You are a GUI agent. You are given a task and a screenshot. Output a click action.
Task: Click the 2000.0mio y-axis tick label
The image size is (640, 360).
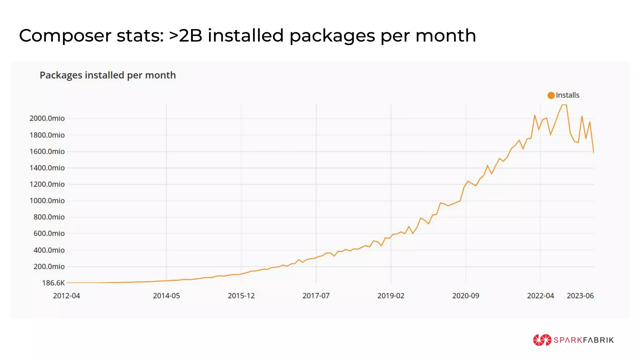pyautogui.click(x=47, y=118)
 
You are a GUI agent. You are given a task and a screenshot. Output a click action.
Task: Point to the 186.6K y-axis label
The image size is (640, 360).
pyautogui.click(x=53, y=283)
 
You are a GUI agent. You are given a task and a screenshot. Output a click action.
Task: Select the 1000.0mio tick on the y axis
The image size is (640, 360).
pyautogui.click(x=47, y=201)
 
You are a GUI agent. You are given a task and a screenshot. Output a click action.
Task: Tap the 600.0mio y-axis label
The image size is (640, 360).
pyautogui.click(x=49, y=233)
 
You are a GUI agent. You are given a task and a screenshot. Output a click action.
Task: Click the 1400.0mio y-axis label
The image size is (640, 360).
pyautogui.click(x=47, y=168)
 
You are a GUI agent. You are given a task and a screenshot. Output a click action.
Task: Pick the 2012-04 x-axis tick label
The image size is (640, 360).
pyautogui.click(x=66, y=296)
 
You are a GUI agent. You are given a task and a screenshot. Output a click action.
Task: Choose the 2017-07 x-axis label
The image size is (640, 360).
pyautogui.click(x=316, y=296)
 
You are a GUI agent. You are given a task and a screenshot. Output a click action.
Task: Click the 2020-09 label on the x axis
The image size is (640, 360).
pyautogui.click(x=466, y=296)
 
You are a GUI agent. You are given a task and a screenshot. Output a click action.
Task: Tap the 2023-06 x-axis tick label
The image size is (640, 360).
pyautogui.click(x=580, y=296)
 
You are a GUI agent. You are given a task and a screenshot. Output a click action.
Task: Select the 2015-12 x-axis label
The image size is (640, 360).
pyautogui.click(x=241, y=296)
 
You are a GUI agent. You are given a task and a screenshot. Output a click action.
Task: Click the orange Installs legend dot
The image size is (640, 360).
pyautogui.click(x=551, y=95)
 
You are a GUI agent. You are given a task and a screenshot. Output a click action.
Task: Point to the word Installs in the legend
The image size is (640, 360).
pyautogui.click(x=567, y=95)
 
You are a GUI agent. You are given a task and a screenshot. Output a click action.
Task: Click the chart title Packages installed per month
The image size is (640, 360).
pyautogui.click(x=107, y=75)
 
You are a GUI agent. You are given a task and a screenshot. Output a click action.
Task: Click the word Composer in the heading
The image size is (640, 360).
pyautogui.click(x=65, y=36)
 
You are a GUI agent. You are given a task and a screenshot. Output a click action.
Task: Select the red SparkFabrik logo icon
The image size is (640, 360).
pyautogui.click(x=542, y=340)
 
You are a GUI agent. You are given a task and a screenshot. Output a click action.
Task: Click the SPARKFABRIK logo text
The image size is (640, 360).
pyautogui.click(x=583, y=340)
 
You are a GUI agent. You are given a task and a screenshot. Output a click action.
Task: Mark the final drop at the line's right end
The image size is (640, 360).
pyautogui.click(x=593, y=152)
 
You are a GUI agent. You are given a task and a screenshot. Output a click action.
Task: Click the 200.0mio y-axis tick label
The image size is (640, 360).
pyautogui.click(x=49, y=267)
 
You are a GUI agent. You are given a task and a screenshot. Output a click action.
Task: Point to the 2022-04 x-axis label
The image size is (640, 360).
pyautogui.click(x=540, y=296)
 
